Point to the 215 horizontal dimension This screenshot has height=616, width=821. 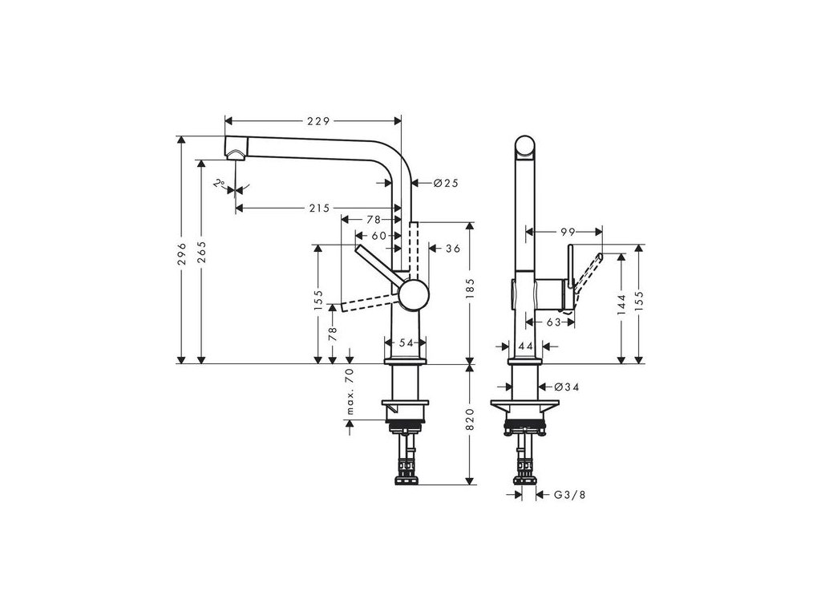[318, 209]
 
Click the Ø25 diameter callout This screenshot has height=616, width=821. [445, 184]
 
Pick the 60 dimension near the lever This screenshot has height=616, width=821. [378, 236]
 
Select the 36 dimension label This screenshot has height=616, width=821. [452, 249]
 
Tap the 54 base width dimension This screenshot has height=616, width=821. [406, 342]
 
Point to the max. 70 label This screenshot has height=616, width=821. [350, 392]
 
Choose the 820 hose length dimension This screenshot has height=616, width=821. [471, 419]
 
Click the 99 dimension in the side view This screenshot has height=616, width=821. [568, 232]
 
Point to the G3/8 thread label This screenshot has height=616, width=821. [571, 496]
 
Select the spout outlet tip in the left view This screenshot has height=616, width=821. [236, 155]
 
